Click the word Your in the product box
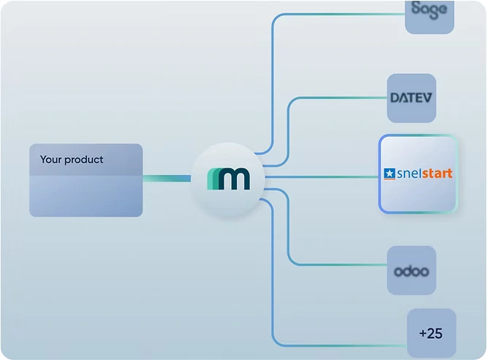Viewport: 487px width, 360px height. tap(51, 160)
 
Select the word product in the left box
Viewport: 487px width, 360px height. tap(84, 160)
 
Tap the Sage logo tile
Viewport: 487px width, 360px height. tap(429, 12)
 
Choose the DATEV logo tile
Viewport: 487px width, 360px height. tap(411, 98)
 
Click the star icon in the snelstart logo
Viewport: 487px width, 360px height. tap(389, 174)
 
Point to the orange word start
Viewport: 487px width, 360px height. tap(437, 174)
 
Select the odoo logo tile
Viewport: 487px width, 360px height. tap(411, 271)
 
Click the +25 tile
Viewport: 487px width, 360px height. tap(431, 333)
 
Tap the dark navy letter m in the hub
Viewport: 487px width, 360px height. tap(234, 179)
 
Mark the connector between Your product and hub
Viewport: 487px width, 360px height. tap(166, 179)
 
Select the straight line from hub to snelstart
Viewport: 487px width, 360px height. tap(322, 176)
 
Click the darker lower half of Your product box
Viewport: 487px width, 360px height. tap(86, 197)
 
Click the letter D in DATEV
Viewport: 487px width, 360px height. tap(395, 98)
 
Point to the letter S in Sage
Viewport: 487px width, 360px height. tap(417, 10)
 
